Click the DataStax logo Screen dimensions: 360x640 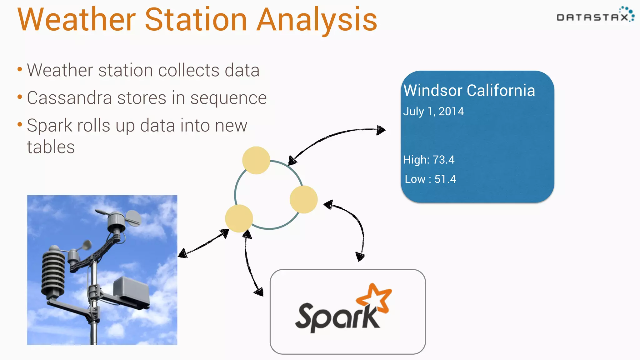(x=595, y=15)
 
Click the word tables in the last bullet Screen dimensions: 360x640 (x=51, y=147)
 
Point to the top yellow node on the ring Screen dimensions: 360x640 (x=256, y=160)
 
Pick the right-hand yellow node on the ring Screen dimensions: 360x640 (x=303, y=199)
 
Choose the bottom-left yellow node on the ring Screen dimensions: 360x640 (x=239, y=218)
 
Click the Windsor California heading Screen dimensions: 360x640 (x=469, y=91)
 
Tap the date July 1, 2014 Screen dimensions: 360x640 (x=433, y=112)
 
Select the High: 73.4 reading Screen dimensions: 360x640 (x=428, y=160)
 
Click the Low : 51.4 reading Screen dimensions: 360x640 (x=430, y=179)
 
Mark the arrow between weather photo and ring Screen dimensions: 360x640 (x=203, y=244)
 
